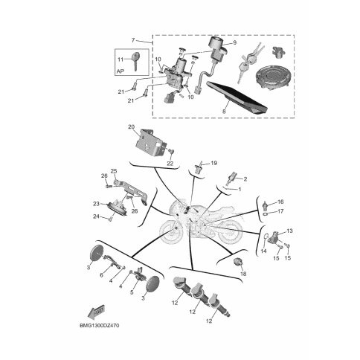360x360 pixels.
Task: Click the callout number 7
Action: click(x=133, y=40)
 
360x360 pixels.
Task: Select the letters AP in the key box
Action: click(x=120, y=71)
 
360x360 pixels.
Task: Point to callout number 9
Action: click(x=234, y=42)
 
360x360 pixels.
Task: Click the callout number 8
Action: click(x=224, y=112)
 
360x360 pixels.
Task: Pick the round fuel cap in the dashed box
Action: click(x=272, y=76)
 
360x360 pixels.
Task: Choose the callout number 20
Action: click(x=131, y=127)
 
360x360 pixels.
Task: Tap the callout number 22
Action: click(x=170, y=164)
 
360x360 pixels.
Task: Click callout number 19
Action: click(x=214, y=163)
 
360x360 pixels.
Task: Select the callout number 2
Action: click(x=245, y=179)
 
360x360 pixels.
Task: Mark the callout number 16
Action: click(x=280, y=202)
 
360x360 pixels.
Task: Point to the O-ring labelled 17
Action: click(x=265, y=213)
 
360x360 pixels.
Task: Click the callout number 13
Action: click(x=289, y=231)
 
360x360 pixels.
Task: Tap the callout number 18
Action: click(x=243, y=274)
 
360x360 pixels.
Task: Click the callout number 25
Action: click(x=114, y=171)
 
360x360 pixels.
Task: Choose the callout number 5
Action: click(x=132, y=292)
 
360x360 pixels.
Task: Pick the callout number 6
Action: click(x=101, y=275)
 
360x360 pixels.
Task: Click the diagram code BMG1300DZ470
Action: click(x=100, y=326)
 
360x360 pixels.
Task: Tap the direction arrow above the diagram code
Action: click(x=95, y=312)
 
